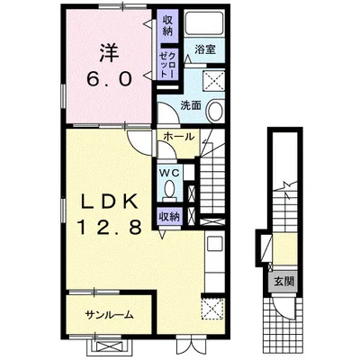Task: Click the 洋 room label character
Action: pyautogui.click(x=110, y=53)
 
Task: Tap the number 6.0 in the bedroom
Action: pyautogui.click(x=110, y=79)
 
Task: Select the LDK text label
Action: pyautogui.click(x=110, y=202)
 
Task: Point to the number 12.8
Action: pyautogui.click(x=110, y=227)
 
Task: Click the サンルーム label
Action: pyautogui.click(x=109, y=315)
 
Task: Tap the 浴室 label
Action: pyautogui.click(x=205, y=49)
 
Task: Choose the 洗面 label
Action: pyautogui.click(x=191, y=105)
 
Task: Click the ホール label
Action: pyautogui.click(x=179, y=137)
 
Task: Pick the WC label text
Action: pyautogui.click(x=169, y=173)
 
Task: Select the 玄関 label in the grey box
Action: pyautogui.click(x=284, y=282)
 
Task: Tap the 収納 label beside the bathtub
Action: pyautogui.click(x=167, y=26)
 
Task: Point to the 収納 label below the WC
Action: pyautogui.click(x=169, y=217)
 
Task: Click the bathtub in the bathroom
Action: pyautogui.click(x=204, y=23)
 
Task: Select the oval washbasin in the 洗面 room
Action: pyautogui.click(x=215, y=112)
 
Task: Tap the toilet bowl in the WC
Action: pyautogui.click(x=170, y=189)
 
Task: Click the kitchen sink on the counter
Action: pyautogui.click(x=215, y=245)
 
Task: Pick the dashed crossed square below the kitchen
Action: pyautogui.click(x=213, y=309)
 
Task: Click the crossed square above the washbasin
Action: pyautogui.click(x=213, y=81)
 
